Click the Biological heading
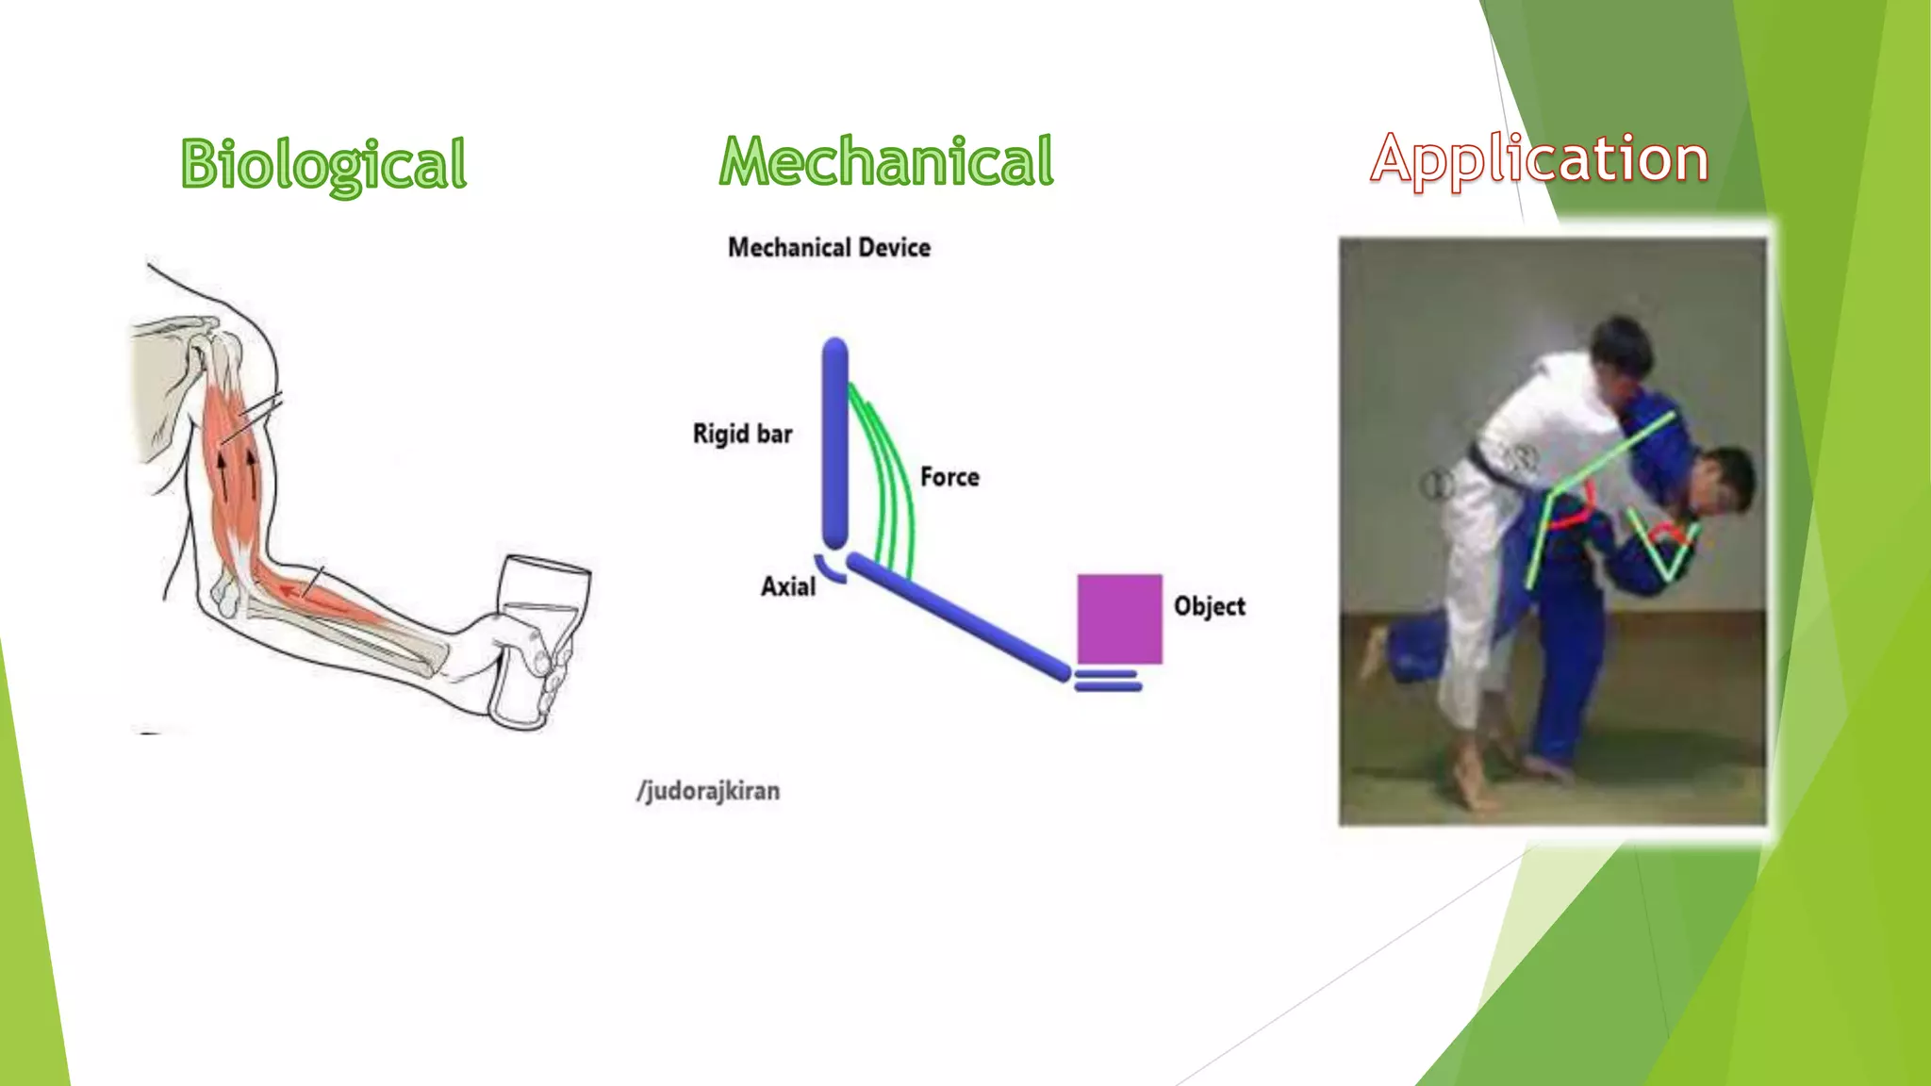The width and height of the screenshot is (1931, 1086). [323, 164]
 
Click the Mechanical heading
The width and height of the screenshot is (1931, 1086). [885, 161]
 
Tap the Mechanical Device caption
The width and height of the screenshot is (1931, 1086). [829, 248]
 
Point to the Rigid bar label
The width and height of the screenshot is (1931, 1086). [742, 435]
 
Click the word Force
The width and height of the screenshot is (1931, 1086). [949, 477]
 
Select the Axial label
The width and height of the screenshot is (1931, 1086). [787, 586]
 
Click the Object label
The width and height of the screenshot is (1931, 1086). [1209, 606]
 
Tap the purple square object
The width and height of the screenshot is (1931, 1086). [1119, 618]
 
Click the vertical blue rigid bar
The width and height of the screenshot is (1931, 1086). [834, 443]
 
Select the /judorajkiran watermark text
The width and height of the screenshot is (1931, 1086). [708, 790]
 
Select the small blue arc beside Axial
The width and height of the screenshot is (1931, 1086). [829, 568]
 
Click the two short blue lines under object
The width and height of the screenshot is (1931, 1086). [1107, 681]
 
